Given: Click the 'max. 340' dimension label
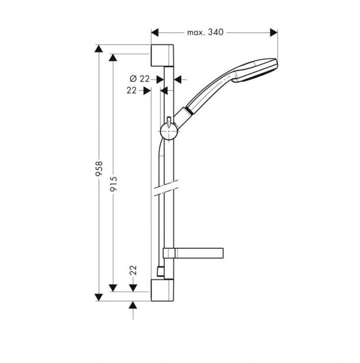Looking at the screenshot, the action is [x=205, y=32].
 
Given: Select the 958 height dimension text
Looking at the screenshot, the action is [x=99, y=169].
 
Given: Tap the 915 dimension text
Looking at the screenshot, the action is [x=114, y=184].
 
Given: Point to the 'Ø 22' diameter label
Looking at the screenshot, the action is [x=140, y=78].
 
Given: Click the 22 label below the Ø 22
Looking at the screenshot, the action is [x=131, y=90].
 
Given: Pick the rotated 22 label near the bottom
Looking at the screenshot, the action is [x=133, y=270].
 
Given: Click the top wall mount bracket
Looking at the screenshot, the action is [x=162, y=55].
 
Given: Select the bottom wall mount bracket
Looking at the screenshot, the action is [x=162, y=290].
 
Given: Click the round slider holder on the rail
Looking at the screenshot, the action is [x=169, y=131].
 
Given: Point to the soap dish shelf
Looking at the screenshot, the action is [x=193, y=253].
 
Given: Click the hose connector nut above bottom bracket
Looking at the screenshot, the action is [x=160, y=272].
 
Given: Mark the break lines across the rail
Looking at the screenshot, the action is [x=166, y=188].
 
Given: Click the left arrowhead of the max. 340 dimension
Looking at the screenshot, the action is [x=155, y=33].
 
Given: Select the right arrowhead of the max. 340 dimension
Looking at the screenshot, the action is [x=274, y=33].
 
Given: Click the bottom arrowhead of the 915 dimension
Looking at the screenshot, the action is [x=113, y=288].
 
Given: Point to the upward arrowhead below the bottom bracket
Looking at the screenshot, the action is [x=133, y=305].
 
